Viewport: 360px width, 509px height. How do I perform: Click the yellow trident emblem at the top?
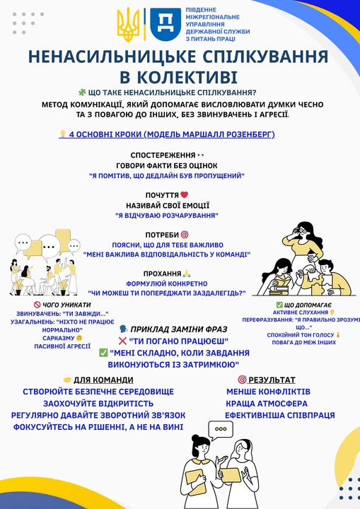[129, 25]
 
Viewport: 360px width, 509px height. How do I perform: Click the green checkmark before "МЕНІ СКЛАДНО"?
[104, 353]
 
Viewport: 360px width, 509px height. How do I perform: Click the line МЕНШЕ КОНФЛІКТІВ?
[276, 391]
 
